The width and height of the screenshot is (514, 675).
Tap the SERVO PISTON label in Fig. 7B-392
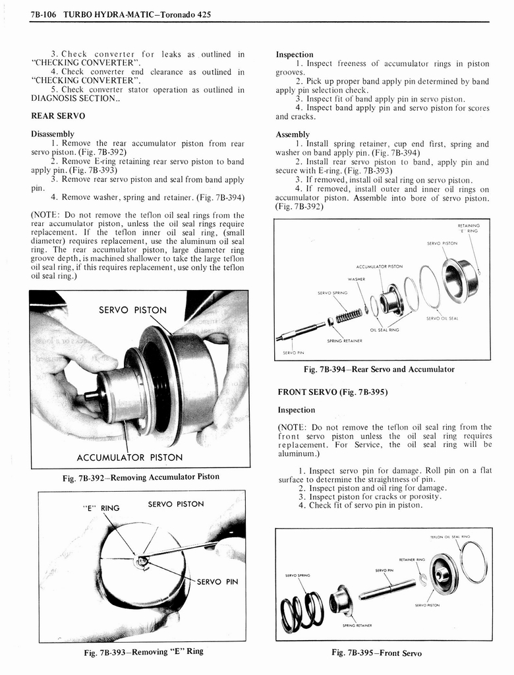pyautogui.click(x=132, y=310)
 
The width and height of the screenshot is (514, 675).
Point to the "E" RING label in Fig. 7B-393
pyautogui.click(x=101, y=508)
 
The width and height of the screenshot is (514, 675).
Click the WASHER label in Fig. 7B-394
pyautogui.click(x=357, y=279)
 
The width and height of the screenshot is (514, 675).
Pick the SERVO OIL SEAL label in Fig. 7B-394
pyautogui.click(x=442, y=318)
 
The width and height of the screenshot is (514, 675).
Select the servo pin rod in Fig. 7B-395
pyautogui.click(x=387, y=588)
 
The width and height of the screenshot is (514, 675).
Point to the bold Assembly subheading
pyautogui.click(x=293, y=134)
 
